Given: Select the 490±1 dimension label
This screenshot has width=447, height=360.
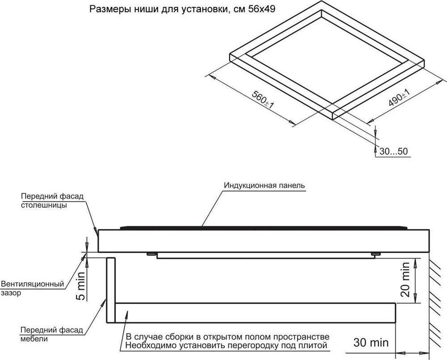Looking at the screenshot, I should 399,98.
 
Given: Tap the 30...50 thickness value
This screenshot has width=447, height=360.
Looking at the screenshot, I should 393,151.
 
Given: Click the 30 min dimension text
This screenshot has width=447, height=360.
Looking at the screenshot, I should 371,343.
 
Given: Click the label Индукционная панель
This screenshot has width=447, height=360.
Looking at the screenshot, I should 264,185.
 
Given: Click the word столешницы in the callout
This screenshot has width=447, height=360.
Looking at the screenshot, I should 44,205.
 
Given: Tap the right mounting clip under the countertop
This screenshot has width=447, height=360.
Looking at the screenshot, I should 375,255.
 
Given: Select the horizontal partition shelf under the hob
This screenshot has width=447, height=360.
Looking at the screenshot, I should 255,313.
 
